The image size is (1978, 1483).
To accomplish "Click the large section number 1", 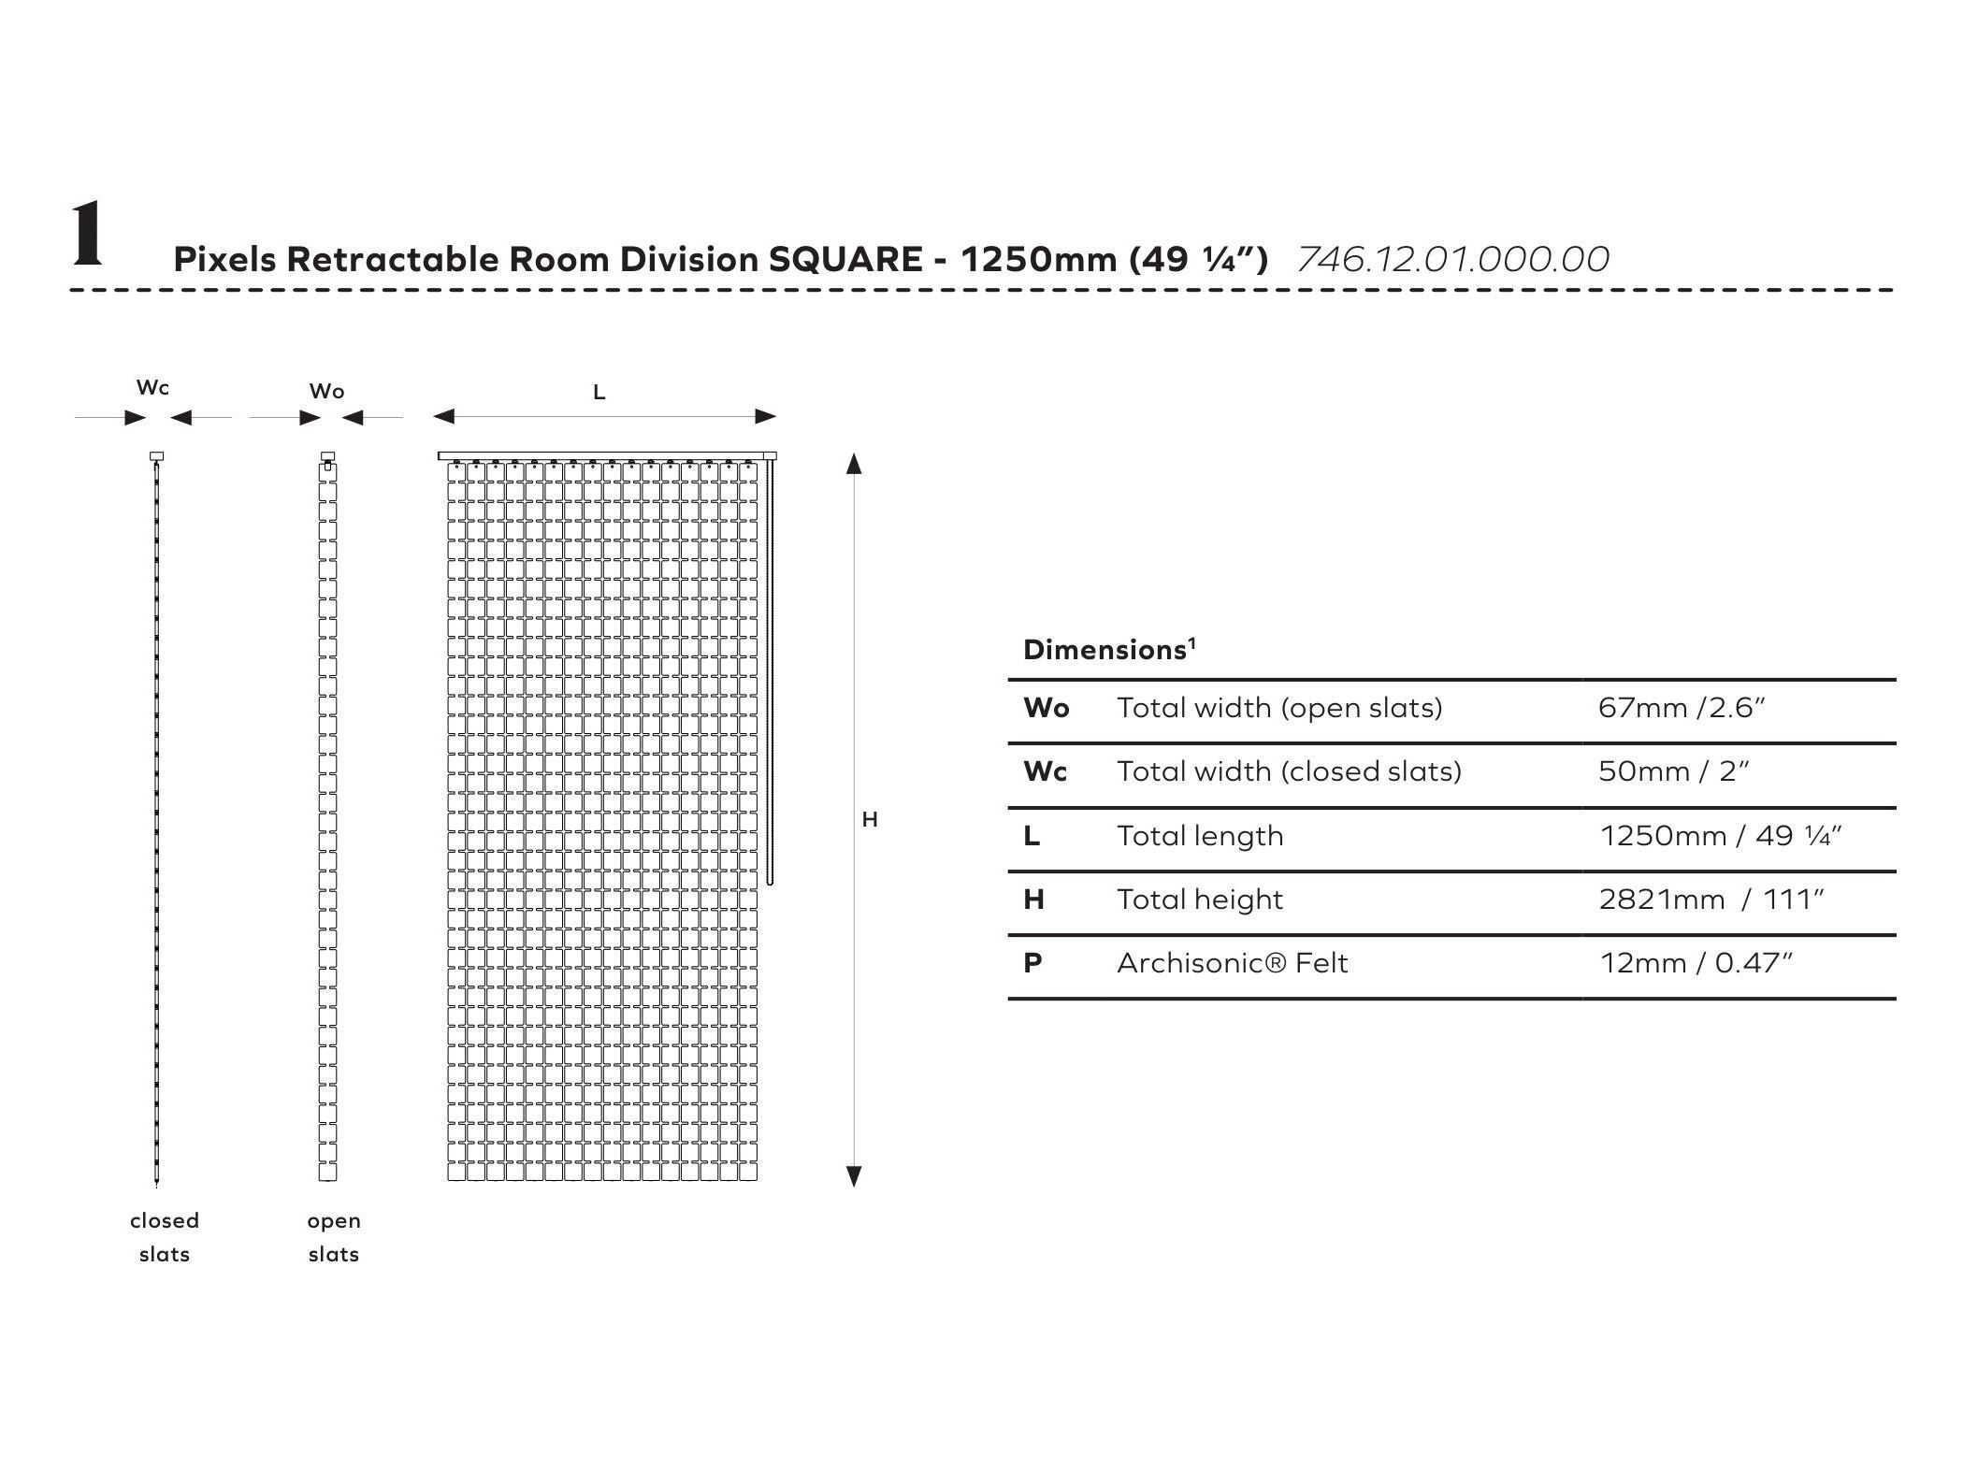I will (87, 235).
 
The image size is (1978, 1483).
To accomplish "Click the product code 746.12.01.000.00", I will (1452, 259).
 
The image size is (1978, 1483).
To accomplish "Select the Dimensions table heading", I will (1109, 650).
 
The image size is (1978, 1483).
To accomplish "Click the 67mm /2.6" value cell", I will (1681, 708).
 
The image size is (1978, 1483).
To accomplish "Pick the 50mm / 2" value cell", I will (1673, 771).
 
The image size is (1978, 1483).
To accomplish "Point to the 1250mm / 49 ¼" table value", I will (1720, 835).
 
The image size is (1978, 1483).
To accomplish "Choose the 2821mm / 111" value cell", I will (1711, 900).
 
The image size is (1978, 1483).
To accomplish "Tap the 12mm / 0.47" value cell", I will (1696, 963).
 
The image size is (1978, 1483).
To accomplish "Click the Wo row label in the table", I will (1046, 708).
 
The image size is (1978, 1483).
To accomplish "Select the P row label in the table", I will (1032, 963).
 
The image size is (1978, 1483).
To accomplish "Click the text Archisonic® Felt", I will (1232, 963).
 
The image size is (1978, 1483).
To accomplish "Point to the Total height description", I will (1199, 900).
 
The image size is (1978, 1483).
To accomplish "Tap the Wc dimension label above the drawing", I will (152, 387).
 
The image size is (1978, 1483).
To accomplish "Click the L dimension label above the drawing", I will (599, 393).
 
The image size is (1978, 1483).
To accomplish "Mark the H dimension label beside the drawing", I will (870, 820).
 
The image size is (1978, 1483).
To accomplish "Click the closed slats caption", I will (165, 1237).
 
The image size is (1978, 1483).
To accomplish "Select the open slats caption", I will (334, 1237).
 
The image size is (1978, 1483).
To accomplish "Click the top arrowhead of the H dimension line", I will (853, 464).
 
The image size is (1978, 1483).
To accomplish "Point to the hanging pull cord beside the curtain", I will (770, 673).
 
